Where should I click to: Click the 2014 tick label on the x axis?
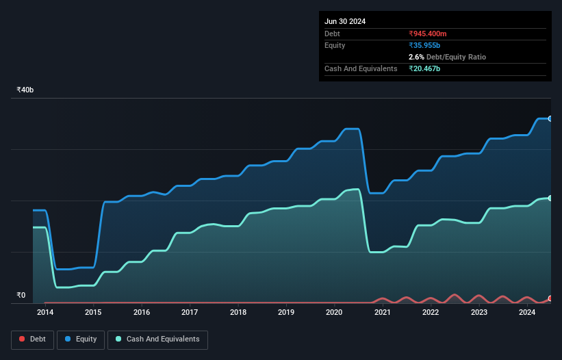(x=45, y=312)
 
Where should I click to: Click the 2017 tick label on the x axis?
(x=190, y=312)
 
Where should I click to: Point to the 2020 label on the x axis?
(x=334, y=312)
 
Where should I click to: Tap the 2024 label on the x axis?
(x=527, y=312)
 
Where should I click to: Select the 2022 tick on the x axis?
(x=431, y=312)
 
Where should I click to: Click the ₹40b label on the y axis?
(x=25, y=90)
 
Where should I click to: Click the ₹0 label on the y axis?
(x=21, y=296)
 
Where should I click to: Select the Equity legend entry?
(x=81, y=339)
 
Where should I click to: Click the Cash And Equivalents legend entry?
(x=157, y=339)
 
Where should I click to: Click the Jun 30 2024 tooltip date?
(x=345, y=21)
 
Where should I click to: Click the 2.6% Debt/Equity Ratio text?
(x=447, y=57)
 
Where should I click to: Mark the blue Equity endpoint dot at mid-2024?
(x=550, y=119)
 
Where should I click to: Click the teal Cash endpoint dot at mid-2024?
(x=550, y=198)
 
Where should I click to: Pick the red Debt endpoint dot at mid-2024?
(x=550, y=299)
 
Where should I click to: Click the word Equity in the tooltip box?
(x=335, y=45)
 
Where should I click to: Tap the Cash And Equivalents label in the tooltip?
(x=361, y=68)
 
